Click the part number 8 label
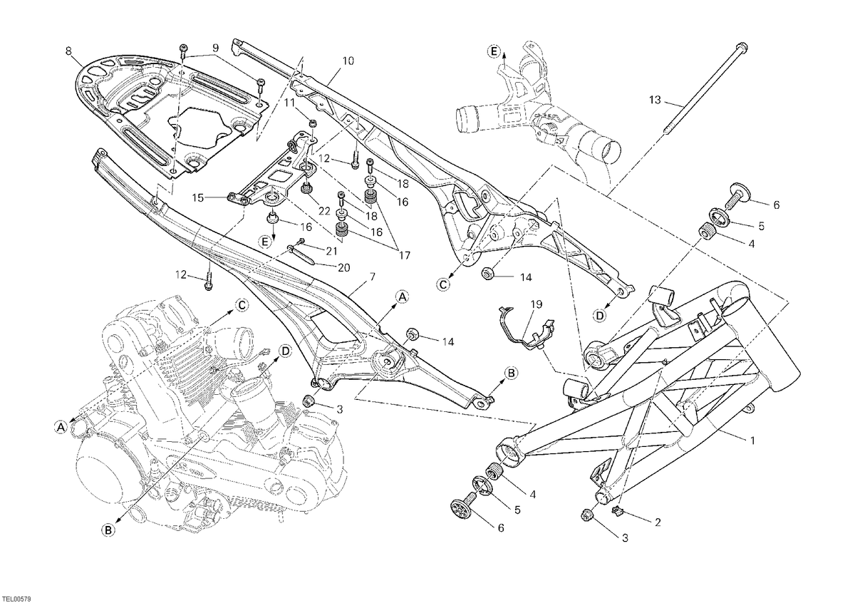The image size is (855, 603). (x=68, y=51)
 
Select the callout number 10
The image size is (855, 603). (x=348, y=61)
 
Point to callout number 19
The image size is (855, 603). (x=537, y=304)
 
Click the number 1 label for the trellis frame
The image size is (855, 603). (x=752, y=440)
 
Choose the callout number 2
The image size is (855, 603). (x=657, y=522)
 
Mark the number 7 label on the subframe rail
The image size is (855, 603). (x=372, y=276)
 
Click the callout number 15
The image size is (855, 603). (x=198, y=197)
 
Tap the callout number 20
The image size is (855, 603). (x=343, y=268)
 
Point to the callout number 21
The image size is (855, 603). (x=332, y=251)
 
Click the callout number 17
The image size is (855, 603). (x=404, y=255)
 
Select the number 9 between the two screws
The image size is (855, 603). (x=215, y=48)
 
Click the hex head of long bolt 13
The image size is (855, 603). (x=742, y=48)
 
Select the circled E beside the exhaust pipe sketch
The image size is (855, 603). (x=494, y=51)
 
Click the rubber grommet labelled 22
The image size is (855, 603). (x=306, y=189)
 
